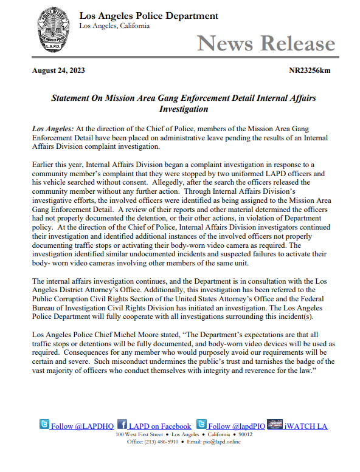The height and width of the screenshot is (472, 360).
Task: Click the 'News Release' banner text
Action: [x=266, y=43]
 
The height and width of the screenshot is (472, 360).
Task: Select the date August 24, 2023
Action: [x=58, y=70]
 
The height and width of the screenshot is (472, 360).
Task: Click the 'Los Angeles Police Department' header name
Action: [x=148, y=15]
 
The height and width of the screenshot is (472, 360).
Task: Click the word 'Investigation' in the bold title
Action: [x=183, y=109]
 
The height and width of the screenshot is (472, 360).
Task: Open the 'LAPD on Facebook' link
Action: [x=159, y=426]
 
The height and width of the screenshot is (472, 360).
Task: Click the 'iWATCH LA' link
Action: [x=306, y=426]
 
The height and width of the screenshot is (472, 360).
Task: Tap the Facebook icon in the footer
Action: [x=122, y=425]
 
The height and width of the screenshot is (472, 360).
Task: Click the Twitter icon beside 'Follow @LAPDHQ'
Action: [x=44, y=425]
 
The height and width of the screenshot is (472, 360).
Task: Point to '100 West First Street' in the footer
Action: [x=139, y=434]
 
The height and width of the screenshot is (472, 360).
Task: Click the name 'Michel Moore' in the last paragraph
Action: [x=147, y=335]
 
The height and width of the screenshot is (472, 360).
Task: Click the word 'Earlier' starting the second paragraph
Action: [x=44, y=165]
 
